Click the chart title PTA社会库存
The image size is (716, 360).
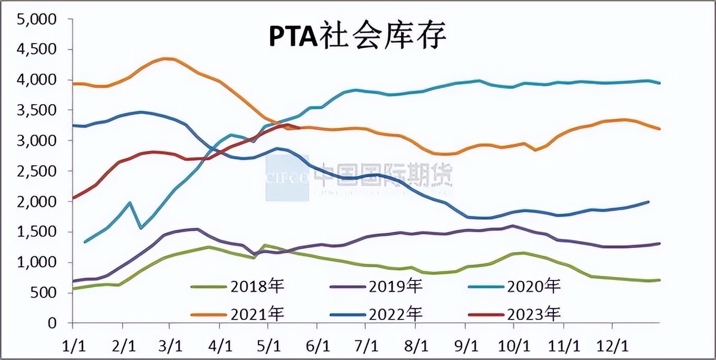click(358, 37)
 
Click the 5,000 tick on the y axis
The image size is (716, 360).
click(37, 19)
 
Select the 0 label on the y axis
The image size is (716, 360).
click(52, 323)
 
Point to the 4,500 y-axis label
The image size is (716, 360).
click(37, 49)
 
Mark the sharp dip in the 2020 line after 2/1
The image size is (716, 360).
click(141, 228)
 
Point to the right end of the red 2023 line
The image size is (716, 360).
click(299, 127)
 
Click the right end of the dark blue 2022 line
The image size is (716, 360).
click(649, 202)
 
